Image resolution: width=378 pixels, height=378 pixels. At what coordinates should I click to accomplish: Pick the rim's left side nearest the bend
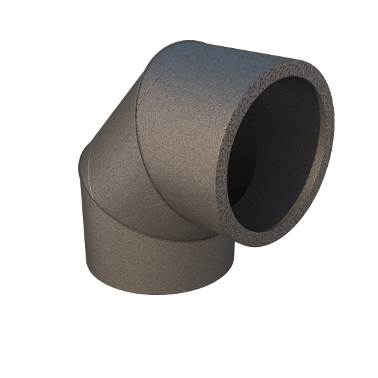(x=221, y=167)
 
